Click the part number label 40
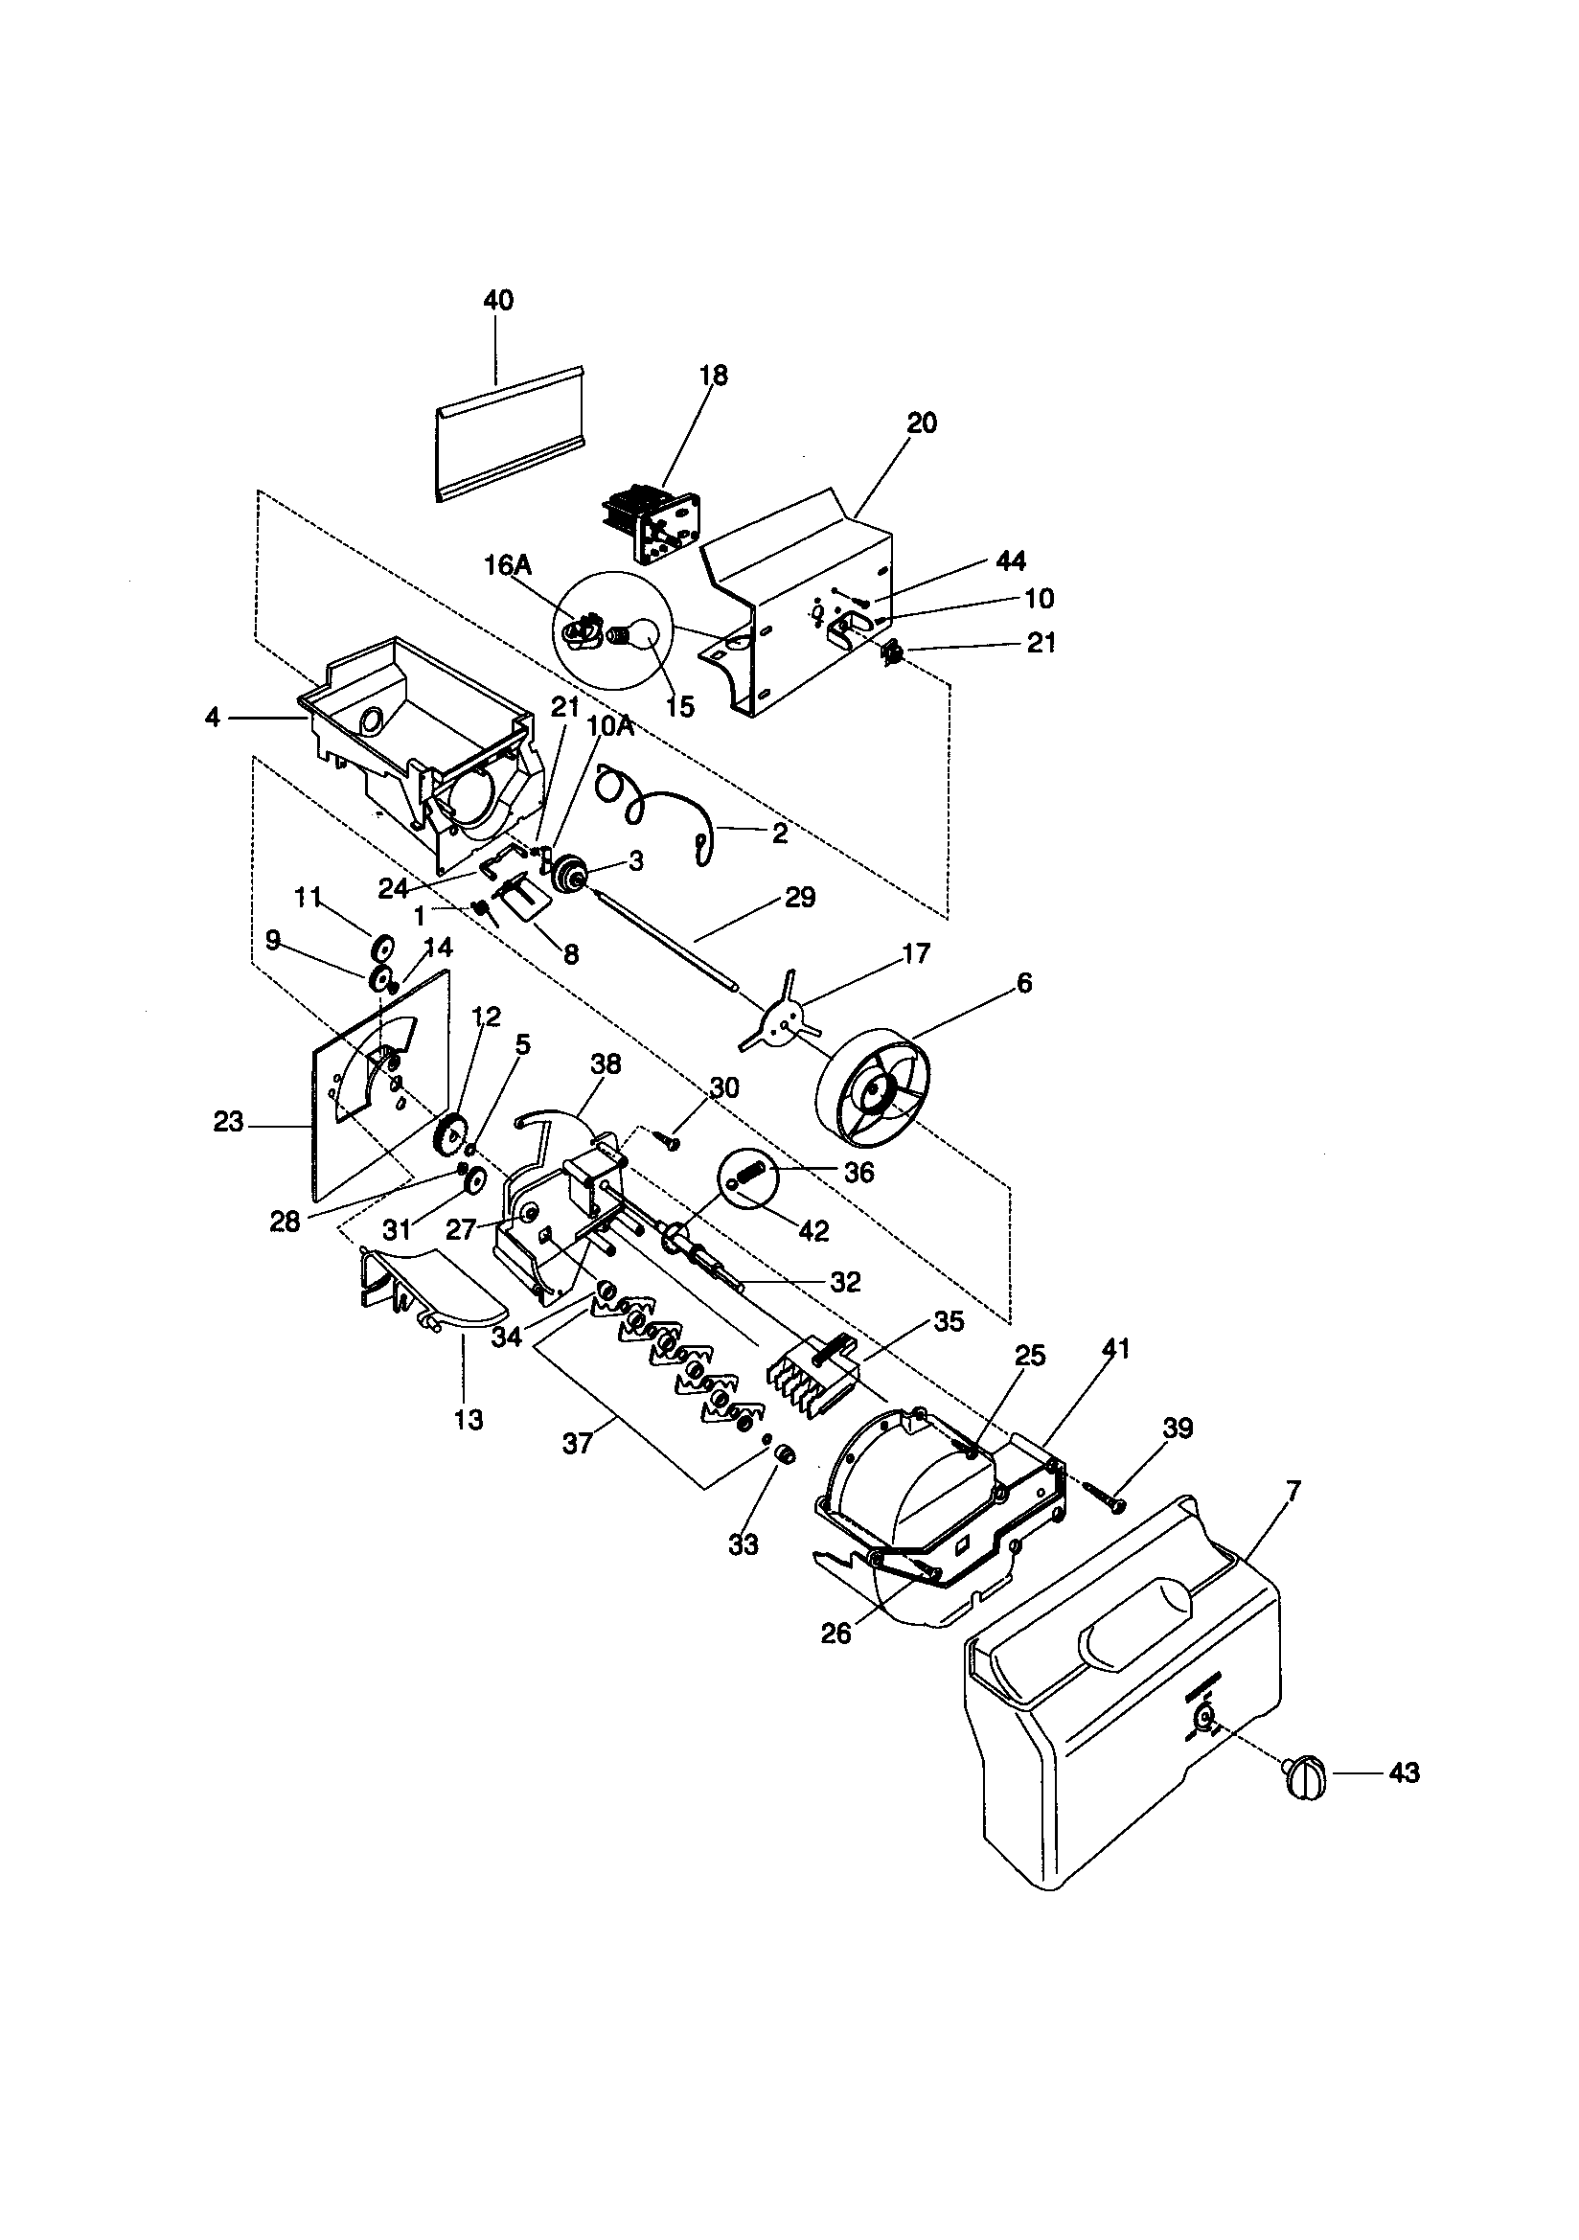497,301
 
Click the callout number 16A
508,566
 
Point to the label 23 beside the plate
228,1122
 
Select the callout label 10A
612,726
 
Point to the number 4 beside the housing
212,718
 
